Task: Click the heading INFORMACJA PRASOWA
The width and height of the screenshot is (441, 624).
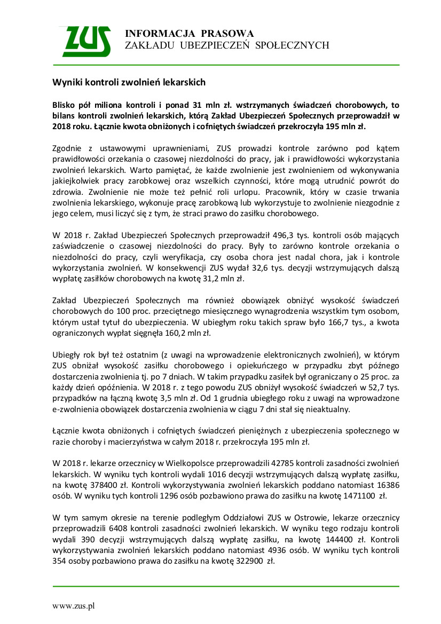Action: point(189,34)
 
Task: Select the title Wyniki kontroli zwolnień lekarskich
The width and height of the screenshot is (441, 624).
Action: point(129,83)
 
